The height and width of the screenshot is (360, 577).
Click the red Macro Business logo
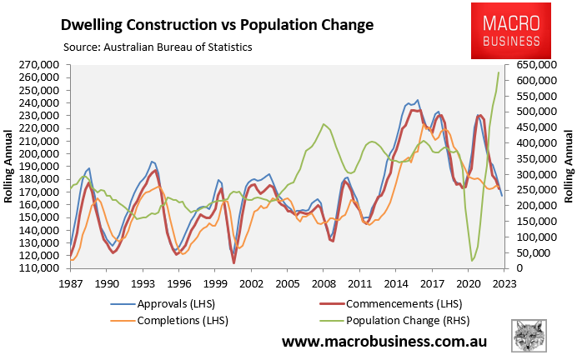click(x=512, y=31)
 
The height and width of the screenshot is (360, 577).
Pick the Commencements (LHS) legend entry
click(x=379, y=303)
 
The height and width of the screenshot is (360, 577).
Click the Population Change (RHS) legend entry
click(x=393, y=320)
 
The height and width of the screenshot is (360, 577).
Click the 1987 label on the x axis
click(x=71, y=283)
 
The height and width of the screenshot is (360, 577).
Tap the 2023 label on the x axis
click(x=504, y=283)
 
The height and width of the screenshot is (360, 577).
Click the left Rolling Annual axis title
click(x=11, y=167)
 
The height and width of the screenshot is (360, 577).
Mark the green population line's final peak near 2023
click(x=499, y=72)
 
